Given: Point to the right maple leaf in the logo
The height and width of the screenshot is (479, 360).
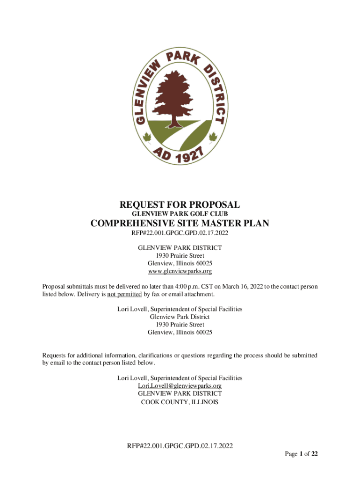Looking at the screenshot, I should [214, 138].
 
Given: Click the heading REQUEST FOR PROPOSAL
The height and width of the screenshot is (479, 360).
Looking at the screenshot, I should [180, 204].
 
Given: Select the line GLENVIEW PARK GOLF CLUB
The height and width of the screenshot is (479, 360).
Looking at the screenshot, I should [180, 214].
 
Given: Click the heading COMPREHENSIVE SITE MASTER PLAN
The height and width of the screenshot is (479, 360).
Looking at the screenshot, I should [180, 224].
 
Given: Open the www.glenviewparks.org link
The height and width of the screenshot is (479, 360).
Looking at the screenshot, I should [180, 271].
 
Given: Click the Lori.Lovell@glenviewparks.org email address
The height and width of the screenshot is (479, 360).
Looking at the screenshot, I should [180, 385].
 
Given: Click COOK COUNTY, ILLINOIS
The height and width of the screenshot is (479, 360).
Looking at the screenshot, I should [180, 401].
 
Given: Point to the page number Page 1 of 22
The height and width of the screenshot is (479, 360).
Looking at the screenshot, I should [302, 454].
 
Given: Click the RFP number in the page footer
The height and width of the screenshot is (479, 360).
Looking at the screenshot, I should [180, 445].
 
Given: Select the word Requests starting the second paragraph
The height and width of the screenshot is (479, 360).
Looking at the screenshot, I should [55, 355].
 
